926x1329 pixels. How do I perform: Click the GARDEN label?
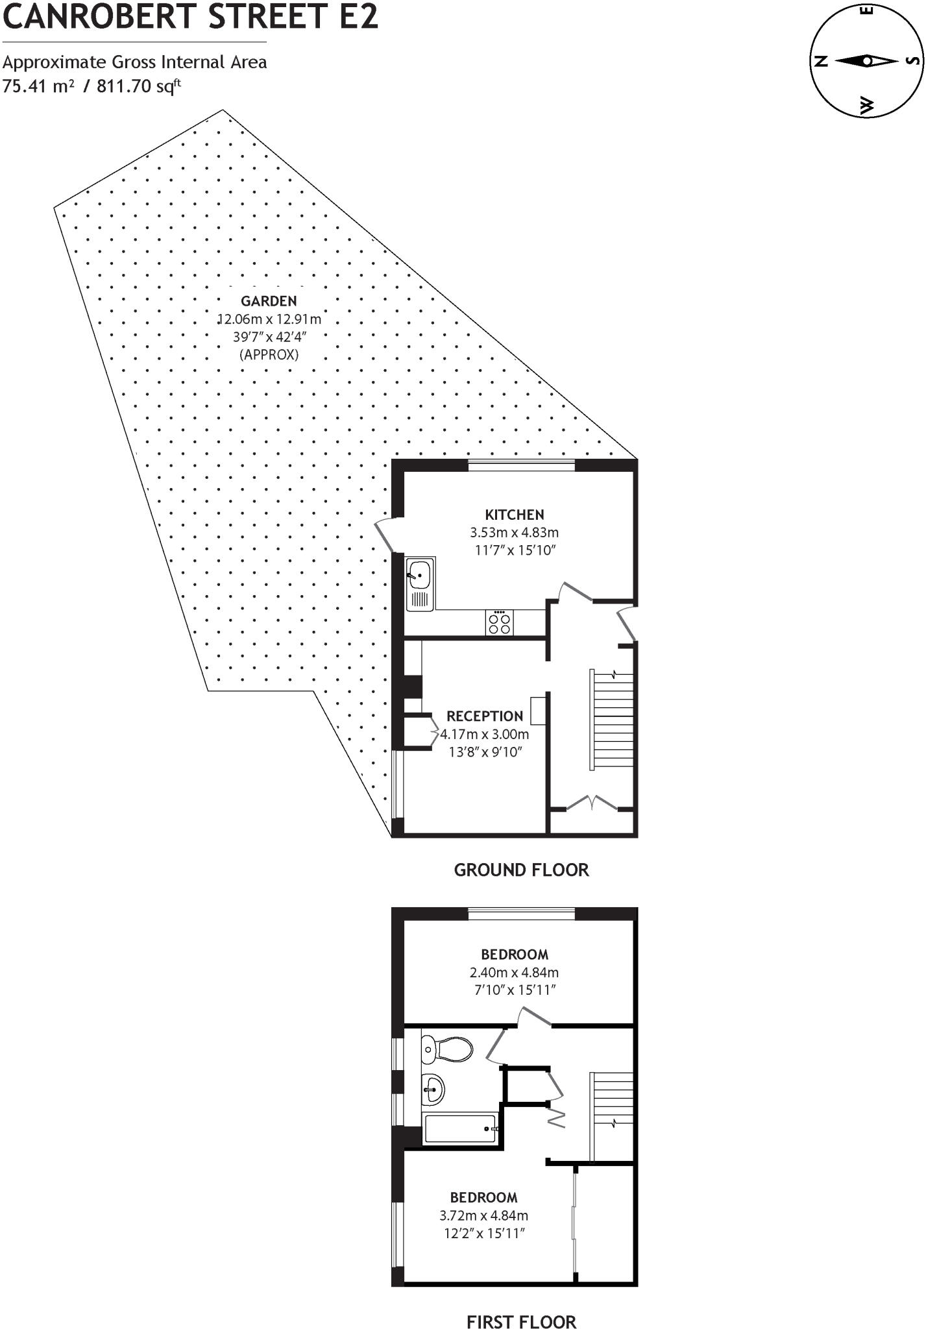(x=269, y=301)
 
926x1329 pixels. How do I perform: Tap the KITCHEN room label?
(x=515, y=515)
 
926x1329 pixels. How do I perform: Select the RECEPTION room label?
(x=485, y=716)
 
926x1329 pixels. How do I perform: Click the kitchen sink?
(x=419, y=574)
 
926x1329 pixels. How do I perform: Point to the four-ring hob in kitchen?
(x=499, y=623)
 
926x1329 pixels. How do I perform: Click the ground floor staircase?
(x=612, y=720)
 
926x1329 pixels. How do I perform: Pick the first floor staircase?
(x=612, y=1116)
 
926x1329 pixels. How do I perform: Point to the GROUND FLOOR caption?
(x=521, y=870)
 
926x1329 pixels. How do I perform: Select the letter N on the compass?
(x=821, y=62)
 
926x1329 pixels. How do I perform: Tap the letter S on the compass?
(x=912, y=61)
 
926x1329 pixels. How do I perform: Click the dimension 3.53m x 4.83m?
(x=515, y=533)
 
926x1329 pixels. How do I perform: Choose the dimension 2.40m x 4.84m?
(x=515, y=973)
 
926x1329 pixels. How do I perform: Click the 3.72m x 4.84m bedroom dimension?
(x=484, y=1215)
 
